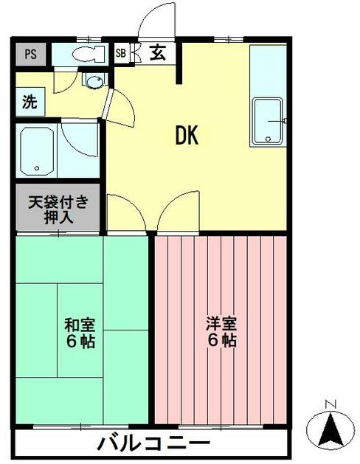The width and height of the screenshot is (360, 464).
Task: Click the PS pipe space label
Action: coord(30,54)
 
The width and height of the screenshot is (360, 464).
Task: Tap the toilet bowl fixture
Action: coord(89,54)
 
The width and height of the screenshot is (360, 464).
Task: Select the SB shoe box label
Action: coord(121,53)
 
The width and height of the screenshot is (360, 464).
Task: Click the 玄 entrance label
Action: coord(157,53)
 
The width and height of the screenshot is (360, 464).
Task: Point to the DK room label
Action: coord(187,135)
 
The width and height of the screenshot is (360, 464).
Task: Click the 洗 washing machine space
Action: coord(30,102)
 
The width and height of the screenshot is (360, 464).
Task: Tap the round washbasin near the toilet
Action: coord(95,81)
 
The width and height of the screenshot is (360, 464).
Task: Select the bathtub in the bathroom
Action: coord(37,151)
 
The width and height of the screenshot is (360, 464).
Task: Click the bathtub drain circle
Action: coord(37,168)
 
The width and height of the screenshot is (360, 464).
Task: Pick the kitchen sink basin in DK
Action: coord(268,121)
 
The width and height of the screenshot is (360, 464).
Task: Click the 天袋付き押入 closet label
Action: coord(58,210)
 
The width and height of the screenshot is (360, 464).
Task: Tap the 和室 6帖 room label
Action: coord(80,333)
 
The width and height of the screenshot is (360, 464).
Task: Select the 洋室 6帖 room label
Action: coord(221,332)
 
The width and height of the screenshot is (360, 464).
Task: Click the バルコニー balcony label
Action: coord(154,443)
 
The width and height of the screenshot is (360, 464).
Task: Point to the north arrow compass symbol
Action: coord(330,429)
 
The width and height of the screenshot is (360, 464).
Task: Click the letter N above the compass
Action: coord(330,404)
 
